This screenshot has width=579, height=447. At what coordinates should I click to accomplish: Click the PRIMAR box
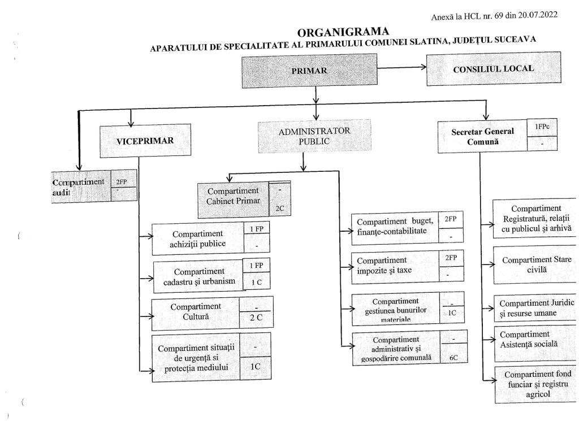coord(309,71)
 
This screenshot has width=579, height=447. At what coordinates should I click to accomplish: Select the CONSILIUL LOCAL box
coord(494,69)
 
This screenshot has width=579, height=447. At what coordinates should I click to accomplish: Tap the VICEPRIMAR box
coord(145,141)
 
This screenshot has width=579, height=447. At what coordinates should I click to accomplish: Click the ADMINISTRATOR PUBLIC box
coord(314,136)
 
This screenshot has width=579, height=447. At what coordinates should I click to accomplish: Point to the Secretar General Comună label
coord(483,137)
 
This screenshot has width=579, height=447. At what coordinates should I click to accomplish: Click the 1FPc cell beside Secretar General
coord(542,127)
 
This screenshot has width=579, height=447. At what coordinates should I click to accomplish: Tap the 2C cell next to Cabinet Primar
coord(280,208)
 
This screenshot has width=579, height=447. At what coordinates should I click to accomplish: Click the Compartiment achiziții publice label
coord(197,239)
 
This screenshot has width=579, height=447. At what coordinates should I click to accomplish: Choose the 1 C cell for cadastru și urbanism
coord(257,282)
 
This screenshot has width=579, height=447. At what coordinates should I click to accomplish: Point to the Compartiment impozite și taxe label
coord(384,265)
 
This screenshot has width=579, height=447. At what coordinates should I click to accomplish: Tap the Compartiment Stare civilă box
coord(536,265)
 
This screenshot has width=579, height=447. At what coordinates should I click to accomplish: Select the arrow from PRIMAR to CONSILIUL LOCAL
coord(402,68)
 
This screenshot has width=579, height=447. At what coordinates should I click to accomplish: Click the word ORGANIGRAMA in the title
coord(343,32)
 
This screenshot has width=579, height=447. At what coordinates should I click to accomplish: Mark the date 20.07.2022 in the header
coord(538,15)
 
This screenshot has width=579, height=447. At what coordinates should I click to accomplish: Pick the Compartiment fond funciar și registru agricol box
coord(538,385)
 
